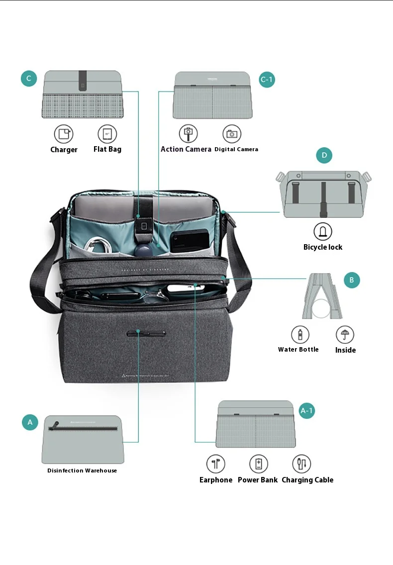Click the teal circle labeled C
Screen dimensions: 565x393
click(x=29, y=79)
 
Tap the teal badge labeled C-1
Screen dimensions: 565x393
click(x=267, y=80)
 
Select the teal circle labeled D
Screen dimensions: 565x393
click(x=324, y=156)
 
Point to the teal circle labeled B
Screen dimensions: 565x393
click(x=351, y=280)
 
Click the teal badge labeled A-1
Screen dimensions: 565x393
click(x=307, y=411)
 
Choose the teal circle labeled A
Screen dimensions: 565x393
click(x=30, y=422)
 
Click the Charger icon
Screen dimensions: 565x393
click(x=63, y=134)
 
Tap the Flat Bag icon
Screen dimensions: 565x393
click(x=107, y=134)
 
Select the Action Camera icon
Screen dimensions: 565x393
click(x=188, y=133)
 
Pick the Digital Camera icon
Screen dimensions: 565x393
click(x=231, y=133)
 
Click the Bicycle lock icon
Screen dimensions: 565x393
click(x=322, y=231)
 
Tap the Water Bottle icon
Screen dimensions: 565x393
click(x=300, y=334)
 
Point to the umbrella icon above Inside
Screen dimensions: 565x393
click(x=345, y=334)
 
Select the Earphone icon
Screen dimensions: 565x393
click(x=216, y=464)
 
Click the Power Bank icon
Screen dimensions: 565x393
click(x=258, y=464)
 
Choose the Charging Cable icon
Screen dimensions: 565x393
click(x=301, y=464)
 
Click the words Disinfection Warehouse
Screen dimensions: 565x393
click(x=82, y=471)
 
